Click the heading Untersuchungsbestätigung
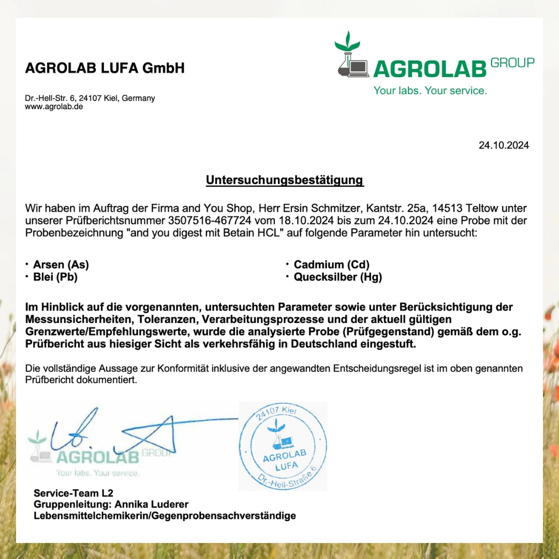coord(285,180)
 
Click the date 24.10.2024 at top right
coord(504,145)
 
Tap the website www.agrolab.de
coord(54,107)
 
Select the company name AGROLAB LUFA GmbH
coord(105,68)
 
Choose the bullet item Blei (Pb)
coord(55,277)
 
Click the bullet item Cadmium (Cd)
coord(331,264)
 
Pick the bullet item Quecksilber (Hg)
coord(337,277)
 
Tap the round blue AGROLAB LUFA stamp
coord(283,447)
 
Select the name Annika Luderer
coord(152,504)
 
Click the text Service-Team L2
coord(73,493)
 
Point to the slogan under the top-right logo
coord(430,91)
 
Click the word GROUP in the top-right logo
coord(512,63)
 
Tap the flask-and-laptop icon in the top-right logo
coord(351,56)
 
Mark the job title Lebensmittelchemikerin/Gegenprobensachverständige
coord(165,516)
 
